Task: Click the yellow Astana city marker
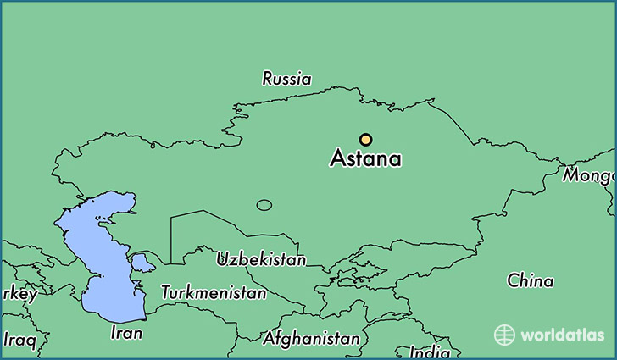point(365,140)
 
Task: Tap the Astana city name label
point(365,158)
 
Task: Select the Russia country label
point(286,79)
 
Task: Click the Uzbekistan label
point(261,259)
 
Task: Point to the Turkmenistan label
point(214,293)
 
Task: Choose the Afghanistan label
point(311,338)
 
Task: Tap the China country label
point(531,280)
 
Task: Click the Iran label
point(126,333)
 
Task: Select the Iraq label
point(19,341)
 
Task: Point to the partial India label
point(430,352)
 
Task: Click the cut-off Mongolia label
point(590,176)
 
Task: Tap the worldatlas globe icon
point(504,335)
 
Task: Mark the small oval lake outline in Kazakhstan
point(264,205)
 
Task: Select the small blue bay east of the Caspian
point(142,262)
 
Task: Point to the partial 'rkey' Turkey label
point(19,295)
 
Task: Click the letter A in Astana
point(338,158)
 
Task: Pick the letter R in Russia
point(268,79)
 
